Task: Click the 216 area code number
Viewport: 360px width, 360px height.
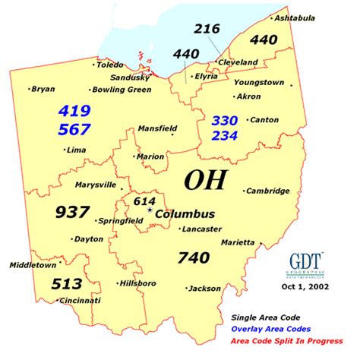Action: [x=207, y=29]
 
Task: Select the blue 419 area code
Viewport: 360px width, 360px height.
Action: [x=74, y=111]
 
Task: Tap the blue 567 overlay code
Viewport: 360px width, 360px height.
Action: [x=74, y=129]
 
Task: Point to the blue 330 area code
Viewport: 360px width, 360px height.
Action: [x=225, y=120]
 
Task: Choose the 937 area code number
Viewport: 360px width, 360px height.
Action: [x=73, y=212]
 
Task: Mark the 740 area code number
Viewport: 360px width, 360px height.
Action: [x=193, y=257]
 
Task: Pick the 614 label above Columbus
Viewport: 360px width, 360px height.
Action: [x=144, y=201]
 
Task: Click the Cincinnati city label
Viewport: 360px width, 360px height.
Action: [x=80, y=301]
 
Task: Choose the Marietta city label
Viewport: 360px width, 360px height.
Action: [x=238, y=242]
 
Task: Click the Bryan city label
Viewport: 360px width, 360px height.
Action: [x=43, y=89]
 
